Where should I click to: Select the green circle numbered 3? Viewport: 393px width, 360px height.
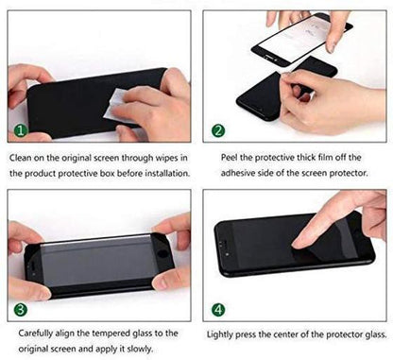(x=20, y=309)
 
